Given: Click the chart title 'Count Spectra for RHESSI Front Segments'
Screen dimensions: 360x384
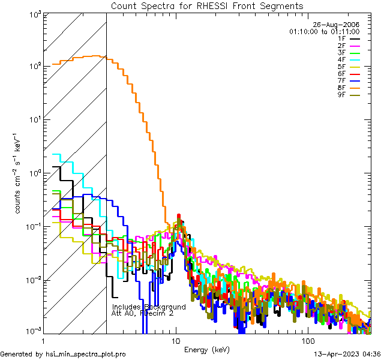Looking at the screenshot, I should pos(207,6).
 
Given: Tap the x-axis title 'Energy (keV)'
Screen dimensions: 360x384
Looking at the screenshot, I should pos(207,350).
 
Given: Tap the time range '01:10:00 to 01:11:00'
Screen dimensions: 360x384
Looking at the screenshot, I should pos(324,31).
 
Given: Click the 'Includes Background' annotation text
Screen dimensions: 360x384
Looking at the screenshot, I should pos(148,307).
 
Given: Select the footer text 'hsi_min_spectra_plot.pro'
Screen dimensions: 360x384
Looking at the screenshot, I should pos(85,354).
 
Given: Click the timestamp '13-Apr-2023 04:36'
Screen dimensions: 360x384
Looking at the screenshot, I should pos(347,354).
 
